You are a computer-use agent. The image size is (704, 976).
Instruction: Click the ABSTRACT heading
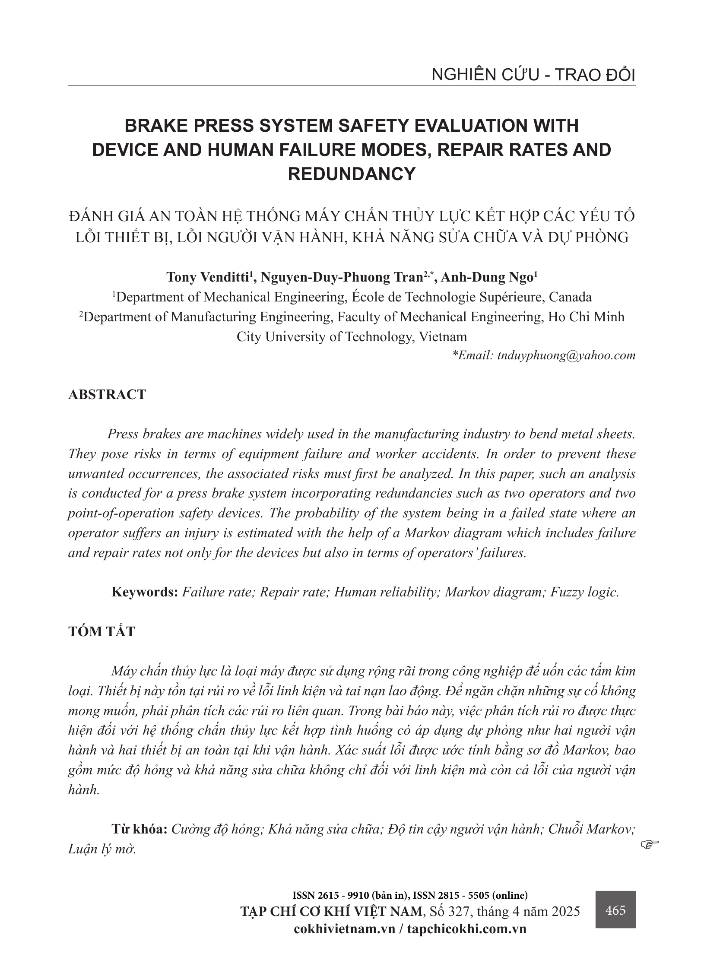[x=107, y=395]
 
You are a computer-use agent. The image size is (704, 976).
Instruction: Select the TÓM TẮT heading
[x=101, y=631]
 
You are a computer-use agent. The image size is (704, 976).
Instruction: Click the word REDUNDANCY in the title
[x=352, y=174]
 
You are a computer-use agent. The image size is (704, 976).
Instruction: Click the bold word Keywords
[x=145, y=592]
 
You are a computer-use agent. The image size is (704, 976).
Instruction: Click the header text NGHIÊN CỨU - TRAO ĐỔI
[x=533, y=75]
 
